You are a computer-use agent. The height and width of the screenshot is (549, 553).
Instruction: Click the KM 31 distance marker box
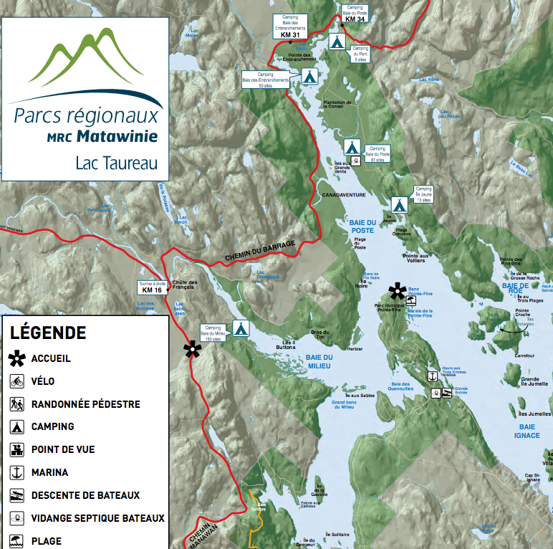click(289, 35)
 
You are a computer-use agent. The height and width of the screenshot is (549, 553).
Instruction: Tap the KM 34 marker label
click(355, 19)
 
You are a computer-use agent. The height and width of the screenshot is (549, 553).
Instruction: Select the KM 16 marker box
click(152, 290)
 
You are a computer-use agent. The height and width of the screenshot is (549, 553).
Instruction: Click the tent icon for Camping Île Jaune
click(399, 204)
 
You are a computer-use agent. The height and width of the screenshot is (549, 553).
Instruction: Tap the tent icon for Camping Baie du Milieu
click(241, 328)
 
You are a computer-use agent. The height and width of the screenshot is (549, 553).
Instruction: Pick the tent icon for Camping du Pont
click(336, 41)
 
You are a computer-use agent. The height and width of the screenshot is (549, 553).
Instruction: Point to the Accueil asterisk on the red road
click(191, 349)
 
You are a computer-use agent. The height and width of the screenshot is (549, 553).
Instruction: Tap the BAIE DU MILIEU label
click(319, 361)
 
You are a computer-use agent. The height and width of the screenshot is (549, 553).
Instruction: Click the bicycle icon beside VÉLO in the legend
click(17, 381)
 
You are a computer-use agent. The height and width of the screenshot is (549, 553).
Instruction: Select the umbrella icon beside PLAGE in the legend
click(17, 541)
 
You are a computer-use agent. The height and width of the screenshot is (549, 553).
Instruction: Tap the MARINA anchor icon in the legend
click(17, 472)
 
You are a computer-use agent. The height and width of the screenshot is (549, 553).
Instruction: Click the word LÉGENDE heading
click(47, 333)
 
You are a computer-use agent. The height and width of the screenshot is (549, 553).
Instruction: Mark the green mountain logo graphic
click(85, 60)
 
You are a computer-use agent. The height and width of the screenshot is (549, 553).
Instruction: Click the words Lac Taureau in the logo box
click(116, 163)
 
